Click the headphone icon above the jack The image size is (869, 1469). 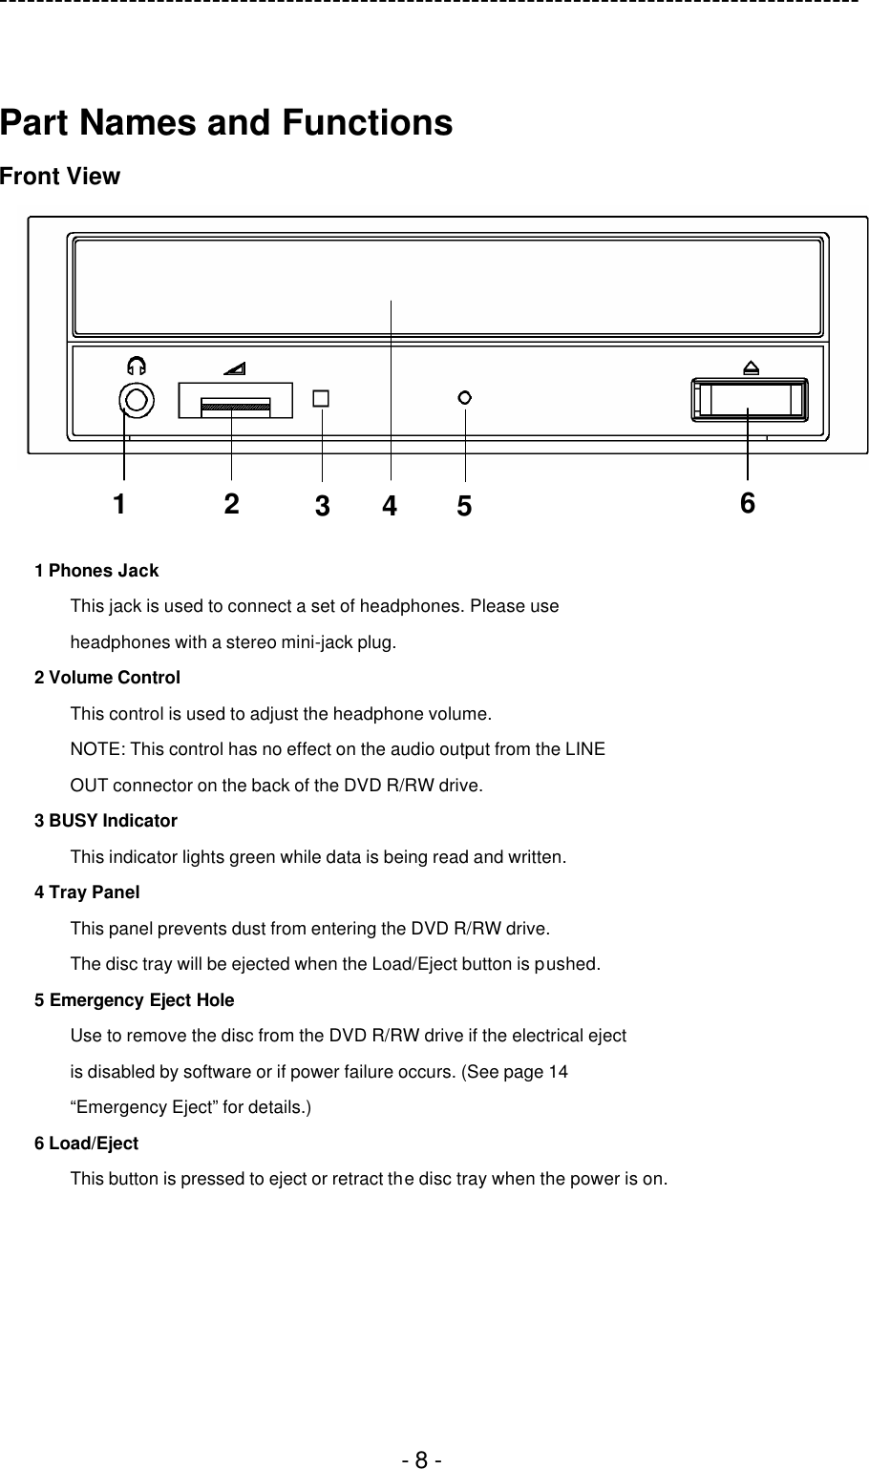pyautogui.click(x=137, y=366)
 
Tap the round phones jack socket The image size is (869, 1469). pyautogui.click(x=137, y=400)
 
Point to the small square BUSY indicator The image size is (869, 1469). pyautogui.click(x=321, y=398)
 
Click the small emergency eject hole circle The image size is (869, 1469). pyautogui.click(x=465, y=397)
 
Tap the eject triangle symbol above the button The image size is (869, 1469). pyautogui.click(x=751, y=367)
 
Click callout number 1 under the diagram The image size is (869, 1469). pyautogui.click(x=118, y=504)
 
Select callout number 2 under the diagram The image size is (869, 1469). pyautogui.click(x=231, y=504)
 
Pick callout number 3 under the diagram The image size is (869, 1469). pyautogui.click(x=322, y=508)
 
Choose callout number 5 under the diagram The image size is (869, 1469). pyautogui.click(x=464, y=508)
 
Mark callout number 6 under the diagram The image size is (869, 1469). pyautogui.click(x=747, y=503)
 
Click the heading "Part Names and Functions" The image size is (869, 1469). pyautogui.click(x=226, y=123)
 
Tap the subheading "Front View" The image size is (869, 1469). pyautogui.click(x=60, y=177)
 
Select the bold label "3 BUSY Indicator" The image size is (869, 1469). pyautogui.click(x=106, y=821)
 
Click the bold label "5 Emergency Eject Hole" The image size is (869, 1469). pyautogui.click(x=134, y=1000)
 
